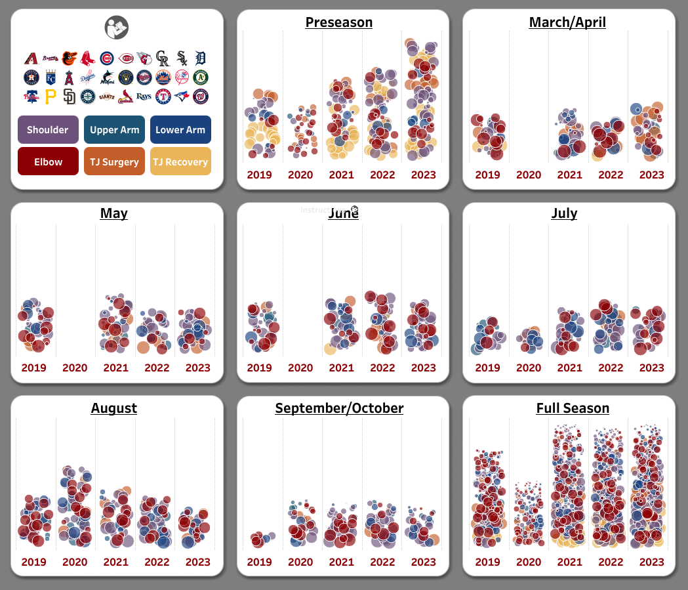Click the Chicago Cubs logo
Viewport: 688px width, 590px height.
click(107, 58)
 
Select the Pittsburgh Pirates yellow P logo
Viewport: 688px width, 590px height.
click(51, 97)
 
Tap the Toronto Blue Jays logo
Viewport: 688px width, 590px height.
click(182, 97)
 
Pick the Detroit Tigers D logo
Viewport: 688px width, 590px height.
click(201, 58)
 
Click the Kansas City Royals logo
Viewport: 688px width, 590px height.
click(51, 77)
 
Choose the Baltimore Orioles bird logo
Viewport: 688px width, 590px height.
click(69, 58)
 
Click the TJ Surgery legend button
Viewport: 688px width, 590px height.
click(115, 161)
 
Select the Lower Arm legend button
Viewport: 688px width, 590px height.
click(180, 130)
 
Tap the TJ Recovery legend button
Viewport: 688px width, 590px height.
click(180, 161)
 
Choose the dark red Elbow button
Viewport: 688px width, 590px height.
click(48, 161)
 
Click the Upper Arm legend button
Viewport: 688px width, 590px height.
click(115, 130)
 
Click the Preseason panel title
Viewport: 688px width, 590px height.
click(339, 22)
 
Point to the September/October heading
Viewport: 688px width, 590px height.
click(339, 408)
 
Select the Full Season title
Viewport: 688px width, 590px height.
click(573, 408)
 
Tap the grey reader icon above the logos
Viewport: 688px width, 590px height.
click(117, 28)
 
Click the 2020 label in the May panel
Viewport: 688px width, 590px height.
click(75, 368)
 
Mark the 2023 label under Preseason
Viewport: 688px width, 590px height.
click(424, 175)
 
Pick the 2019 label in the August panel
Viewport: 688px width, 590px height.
click(33, 562)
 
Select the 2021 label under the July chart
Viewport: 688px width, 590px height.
click(569, 368)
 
